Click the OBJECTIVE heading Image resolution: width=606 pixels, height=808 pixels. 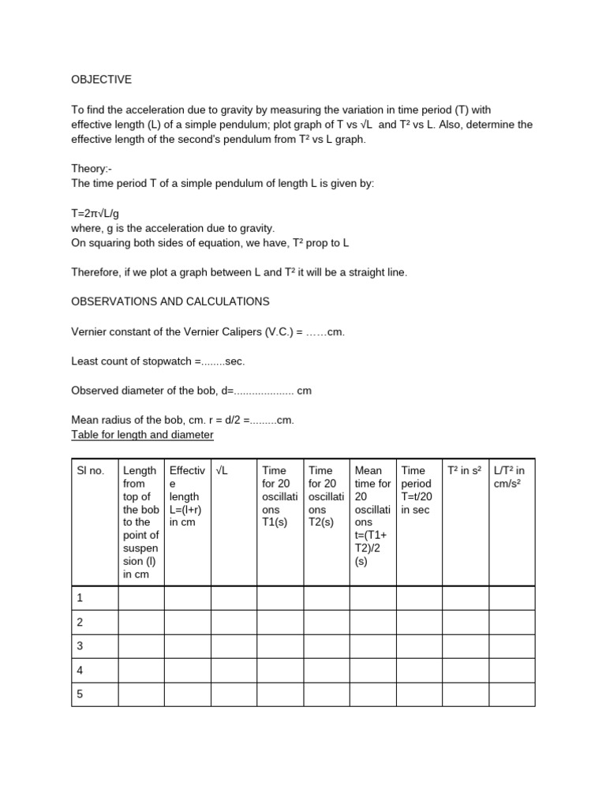click(101, 80)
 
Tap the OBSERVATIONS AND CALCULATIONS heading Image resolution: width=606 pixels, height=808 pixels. click(170, 301)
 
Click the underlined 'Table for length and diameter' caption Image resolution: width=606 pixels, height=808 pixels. click(142, 435)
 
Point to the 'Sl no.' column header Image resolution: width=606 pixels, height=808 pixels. click(90, 471)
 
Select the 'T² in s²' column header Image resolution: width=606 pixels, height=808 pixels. click(463, 471)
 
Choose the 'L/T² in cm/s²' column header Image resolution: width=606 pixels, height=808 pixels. click(509, 477)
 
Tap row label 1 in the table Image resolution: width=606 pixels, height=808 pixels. click(80, 598)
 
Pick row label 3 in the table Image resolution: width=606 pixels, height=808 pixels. click(80, 646)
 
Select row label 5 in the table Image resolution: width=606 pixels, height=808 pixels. click(80, 694)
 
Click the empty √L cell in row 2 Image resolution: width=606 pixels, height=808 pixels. click(234, 622)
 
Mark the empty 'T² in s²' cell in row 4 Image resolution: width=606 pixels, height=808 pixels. click(466, 670)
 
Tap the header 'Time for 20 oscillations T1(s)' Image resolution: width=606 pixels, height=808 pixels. click(280, 496)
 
